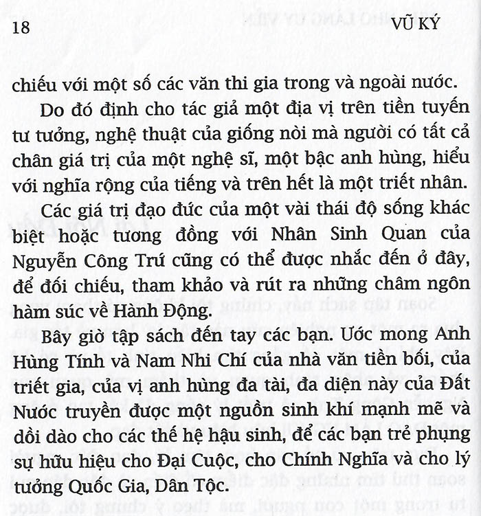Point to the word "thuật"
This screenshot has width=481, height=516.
tap(160, 137)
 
